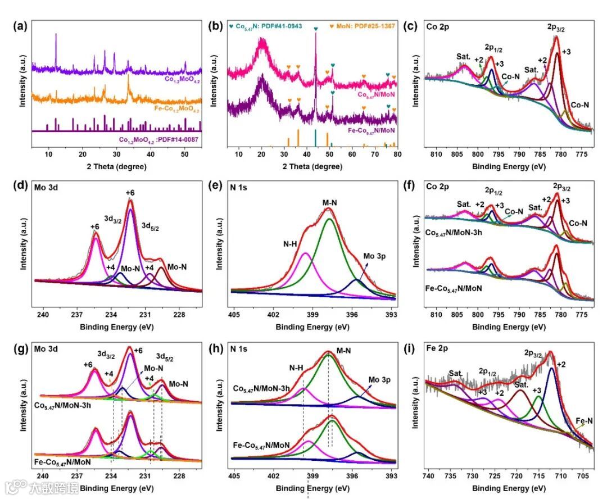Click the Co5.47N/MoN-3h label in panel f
(458, 232)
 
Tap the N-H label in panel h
(299, 368)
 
